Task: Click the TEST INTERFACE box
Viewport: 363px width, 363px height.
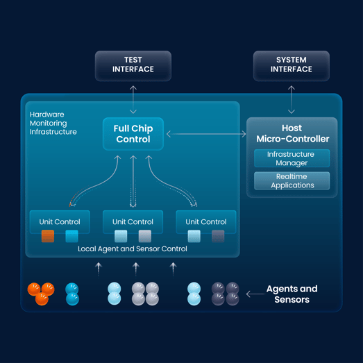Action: tap(133, 66)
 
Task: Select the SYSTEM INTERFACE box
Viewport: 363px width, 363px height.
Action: tap(292, 66)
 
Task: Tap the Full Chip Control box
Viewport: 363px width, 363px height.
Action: tap(133, 134)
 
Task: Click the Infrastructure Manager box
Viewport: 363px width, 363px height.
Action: tap(292, 158)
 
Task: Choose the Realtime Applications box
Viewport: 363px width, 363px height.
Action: tap(292, 180)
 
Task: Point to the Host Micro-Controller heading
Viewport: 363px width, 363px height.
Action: tap(292, 133)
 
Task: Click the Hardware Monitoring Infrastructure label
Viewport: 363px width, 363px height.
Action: tap(53, 123)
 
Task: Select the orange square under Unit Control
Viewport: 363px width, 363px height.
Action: tap(48, 236)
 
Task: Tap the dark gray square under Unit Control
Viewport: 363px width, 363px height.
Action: tap(218, 236)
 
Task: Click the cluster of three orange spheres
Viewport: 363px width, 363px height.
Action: tap(41, 294)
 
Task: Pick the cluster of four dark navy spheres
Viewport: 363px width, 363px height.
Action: tap(225, 294)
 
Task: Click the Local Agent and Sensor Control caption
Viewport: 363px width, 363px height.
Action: tap(133, 249)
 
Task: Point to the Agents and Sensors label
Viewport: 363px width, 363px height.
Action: tap(292, 294)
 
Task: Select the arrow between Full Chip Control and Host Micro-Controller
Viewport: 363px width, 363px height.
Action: tap(206, 134)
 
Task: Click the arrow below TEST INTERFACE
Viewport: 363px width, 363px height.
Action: tap(133, 99)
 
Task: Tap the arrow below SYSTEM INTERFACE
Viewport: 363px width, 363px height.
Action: tap(292, 99)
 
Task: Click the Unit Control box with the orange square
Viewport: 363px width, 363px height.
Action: tap(60, 222)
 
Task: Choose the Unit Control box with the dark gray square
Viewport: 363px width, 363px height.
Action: tap(206, 222)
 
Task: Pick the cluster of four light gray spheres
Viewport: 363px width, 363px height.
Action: tap(145, 294)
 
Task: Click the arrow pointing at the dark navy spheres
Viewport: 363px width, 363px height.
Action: tap(255, 294)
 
